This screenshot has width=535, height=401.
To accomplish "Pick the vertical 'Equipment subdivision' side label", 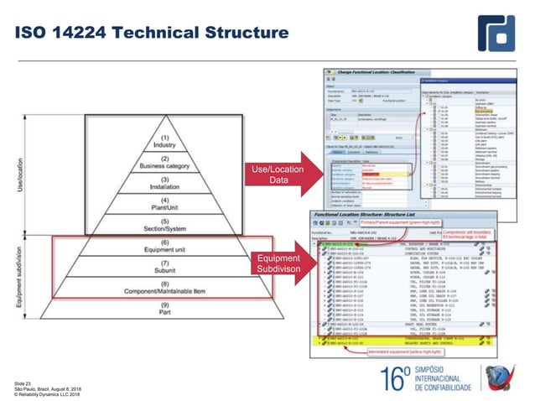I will (x=18, y=277).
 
